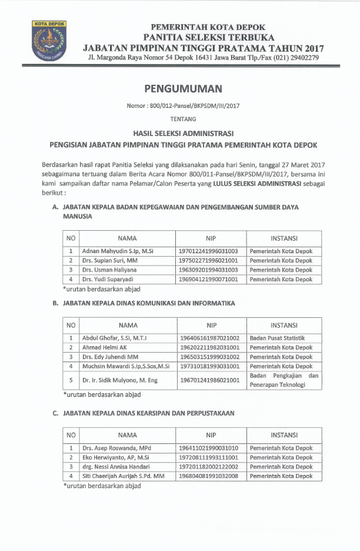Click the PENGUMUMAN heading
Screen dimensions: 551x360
183,89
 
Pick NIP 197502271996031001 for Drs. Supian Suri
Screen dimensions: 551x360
208,261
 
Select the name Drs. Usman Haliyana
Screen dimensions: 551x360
109,270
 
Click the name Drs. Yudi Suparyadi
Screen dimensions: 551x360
110,280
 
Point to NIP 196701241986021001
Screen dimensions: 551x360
208,380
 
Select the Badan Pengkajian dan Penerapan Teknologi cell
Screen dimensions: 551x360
284,380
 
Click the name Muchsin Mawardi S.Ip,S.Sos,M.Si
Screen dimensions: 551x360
126,367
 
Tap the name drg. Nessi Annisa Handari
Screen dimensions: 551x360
116,467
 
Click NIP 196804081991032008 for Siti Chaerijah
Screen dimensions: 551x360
208,476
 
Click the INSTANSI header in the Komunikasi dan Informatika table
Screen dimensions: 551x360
284,325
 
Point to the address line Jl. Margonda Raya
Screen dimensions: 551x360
203,58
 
